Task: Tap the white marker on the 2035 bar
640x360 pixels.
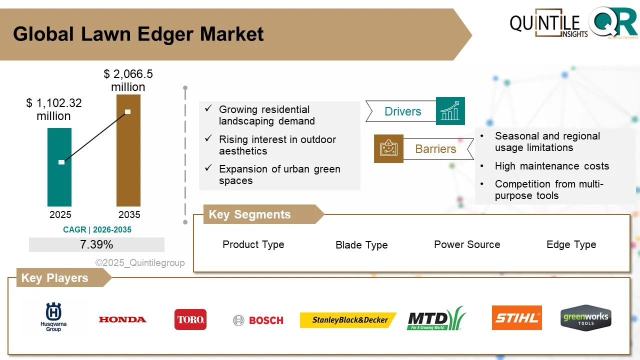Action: tap(128, 111)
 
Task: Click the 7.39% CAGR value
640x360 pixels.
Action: tap(96, 244)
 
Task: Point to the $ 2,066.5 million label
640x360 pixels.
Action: tap(128, 80)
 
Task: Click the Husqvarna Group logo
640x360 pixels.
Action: tap(53, 317)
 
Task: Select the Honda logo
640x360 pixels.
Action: tap(122, 319)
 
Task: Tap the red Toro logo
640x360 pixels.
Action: tap(190, 319)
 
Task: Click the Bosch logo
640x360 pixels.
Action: tap(258, 320)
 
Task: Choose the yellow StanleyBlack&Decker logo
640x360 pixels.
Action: tap(348, 320)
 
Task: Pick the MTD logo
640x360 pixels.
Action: tap(436, 319)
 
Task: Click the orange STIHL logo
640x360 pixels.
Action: tap(516, 318)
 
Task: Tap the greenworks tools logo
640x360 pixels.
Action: tap(585, 318)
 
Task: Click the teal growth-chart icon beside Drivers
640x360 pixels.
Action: tap(450, 111)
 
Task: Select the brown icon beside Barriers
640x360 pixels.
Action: tap(388, 148)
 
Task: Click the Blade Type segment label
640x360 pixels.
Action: tap(361, 245)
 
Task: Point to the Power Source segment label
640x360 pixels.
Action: tap(467, 244)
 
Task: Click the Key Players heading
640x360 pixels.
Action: tap(54, 278)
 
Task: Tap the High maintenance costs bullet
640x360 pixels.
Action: tap(551, 166)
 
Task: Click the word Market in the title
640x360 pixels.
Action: tap(232, 34)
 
